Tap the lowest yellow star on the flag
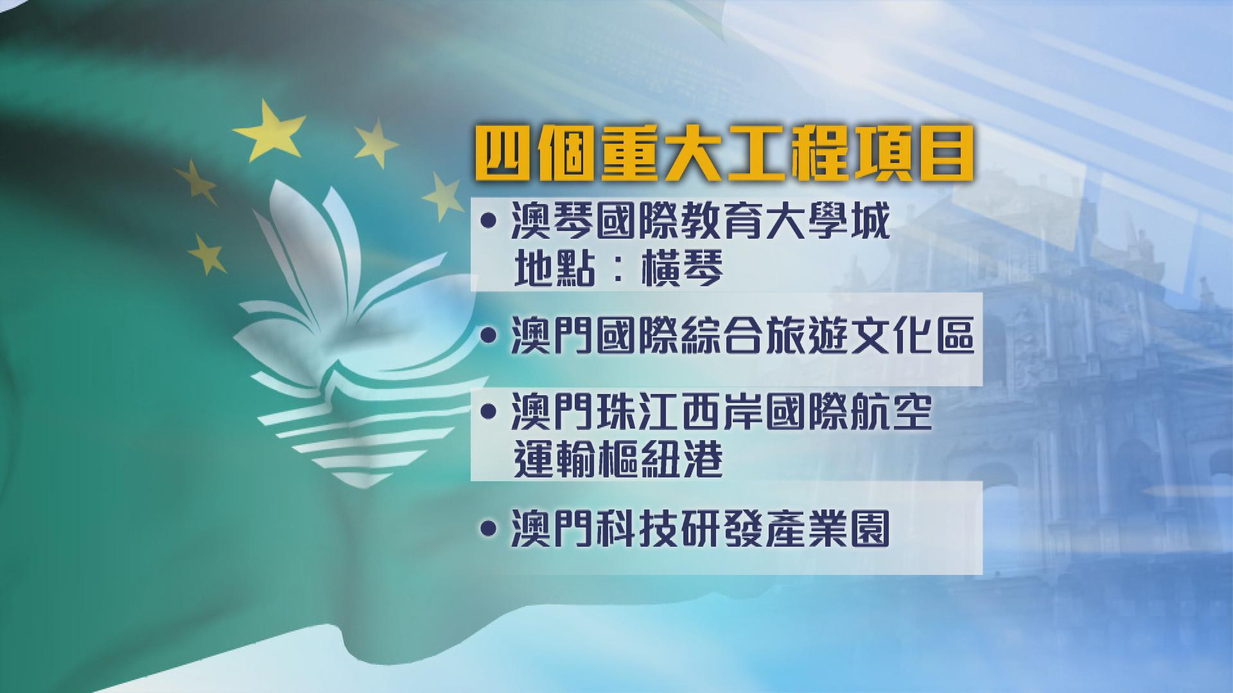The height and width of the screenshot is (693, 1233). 207,253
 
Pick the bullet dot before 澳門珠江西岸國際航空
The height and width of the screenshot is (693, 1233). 489,413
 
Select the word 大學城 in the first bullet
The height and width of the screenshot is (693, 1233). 829,222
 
